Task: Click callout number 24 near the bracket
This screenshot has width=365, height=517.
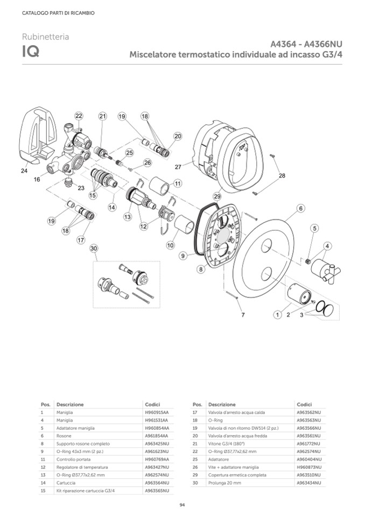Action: [24, 171]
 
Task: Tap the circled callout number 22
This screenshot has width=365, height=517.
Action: [79, 116]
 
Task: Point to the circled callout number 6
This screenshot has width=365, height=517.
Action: [300, 208]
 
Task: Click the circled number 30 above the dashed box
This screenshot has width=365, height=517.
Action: [94, 249]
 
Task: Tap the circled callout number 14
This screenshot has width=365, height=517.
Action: [112, 206]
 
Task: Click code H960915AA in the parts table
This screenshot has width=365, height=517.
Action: [157, 412]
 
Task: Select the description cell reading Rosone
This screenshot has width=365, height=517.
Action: [64, 436]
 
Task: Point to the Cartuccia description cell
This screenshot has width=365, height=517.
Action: [67, 483]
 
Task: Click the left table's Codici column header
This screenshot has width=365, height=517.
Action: [152, 404]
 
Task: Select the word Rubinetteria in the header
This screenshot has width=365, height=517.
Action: [45, 37]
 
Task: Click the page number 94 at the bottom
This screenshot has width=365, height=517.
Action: [182, 504]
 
